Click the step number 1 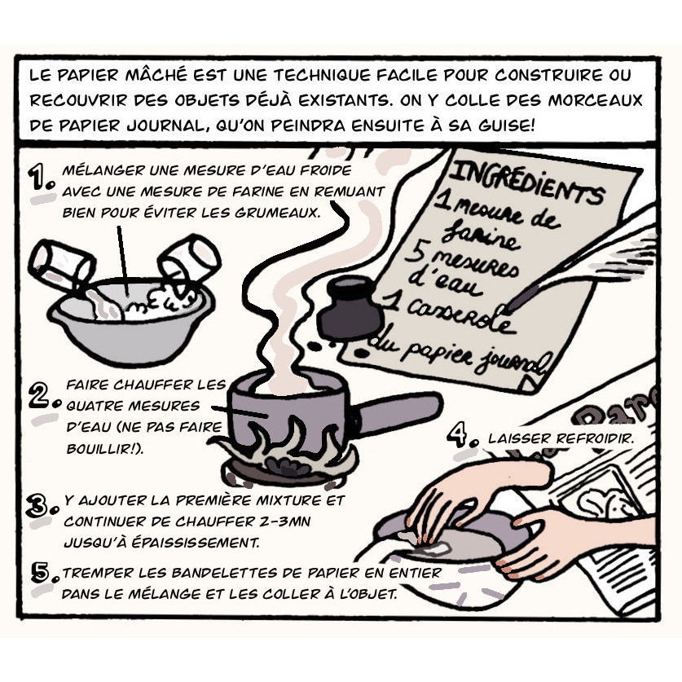tap(40, 177)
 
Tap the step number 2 tap(43, 395)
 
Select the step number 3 tap(42, 506)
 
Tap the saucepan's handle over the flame tap(397, 412)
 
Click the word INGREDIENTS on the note tap(526, 182)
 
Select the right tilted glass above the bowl tap(189, 260)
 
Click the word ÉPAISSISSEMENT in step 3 tap(196, 543)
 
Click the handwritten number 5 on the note tap(415, 253)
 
